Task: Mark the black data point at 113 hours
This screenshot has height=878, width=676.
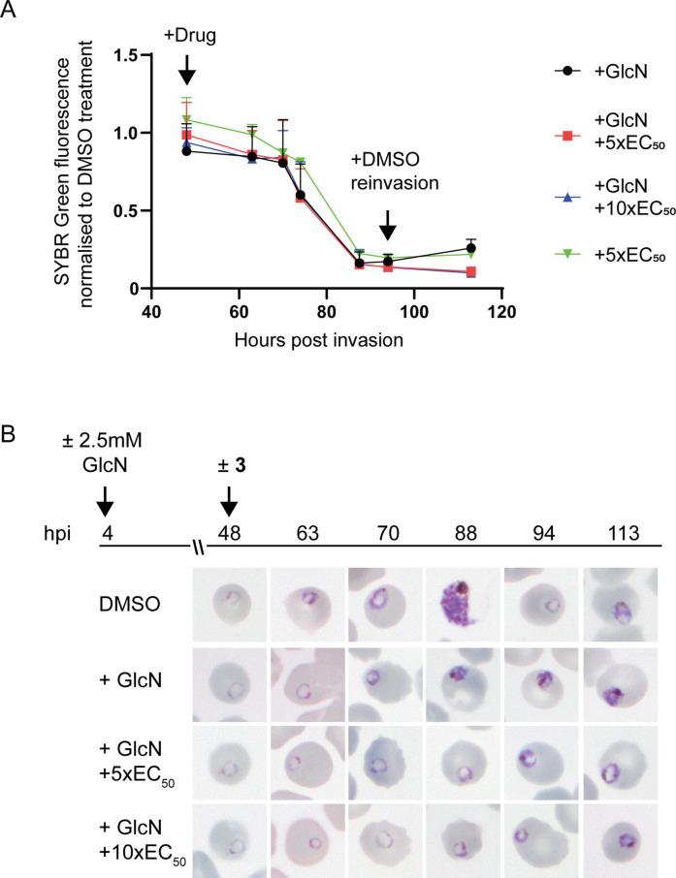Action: pyautogui.click(x=471, y=248)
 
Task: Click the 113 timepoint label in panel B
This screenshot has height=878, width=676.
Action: pyautogui.click(x=620, y=536)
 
